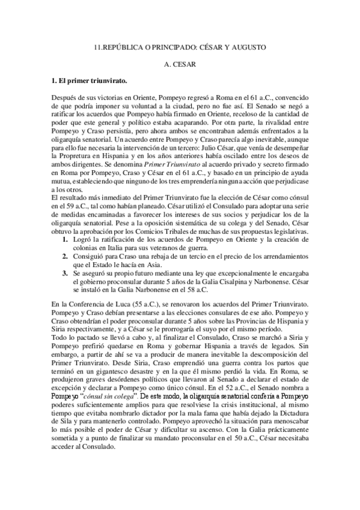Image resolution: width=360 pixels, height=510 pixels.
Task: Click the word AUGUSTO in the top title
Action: [x=247, y=46]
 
